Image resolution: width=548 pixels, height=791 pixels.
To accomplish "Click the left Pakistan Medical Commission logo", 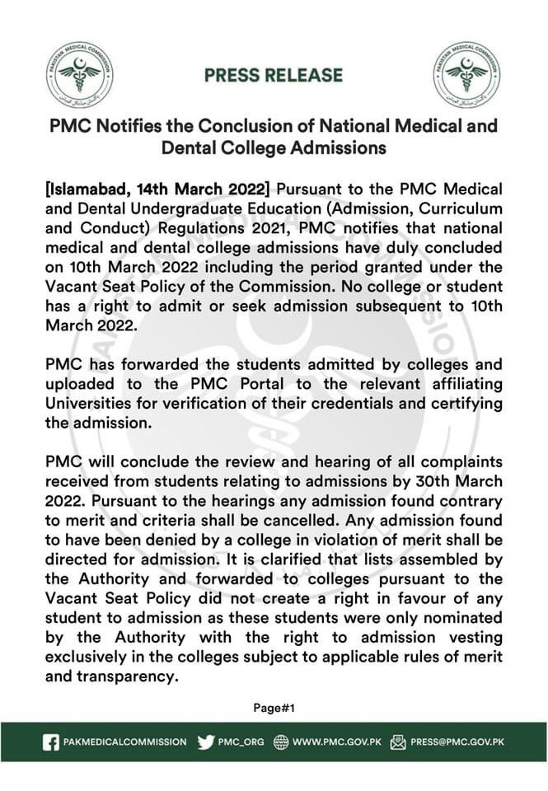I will click(80, 75).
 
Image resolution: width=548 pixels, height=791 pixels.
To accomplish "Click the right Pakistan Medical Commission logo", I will click(466, 75).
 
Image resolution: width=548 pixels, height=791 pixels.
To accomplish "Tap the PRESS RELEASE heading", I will click(274, 75).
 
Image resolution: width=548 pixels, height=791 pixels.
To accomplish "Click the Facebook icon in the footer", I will click(51, 742).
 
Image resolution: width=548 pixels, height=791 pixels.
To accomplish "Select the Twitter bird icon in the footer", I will click(206, 742).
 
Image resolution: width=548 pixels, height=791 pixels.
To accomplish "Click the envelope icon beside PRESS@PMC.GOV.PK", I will click(398, 742).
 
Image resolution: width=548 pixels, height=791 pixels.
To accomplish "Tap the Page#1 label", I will click(274, 707).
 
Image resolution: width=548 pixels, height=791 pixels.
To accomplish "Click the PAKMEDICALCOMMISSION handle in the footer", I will click(125, 742).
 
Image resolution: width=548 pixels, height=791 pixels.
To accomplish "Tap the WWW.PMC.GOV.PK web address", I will click(335, 742).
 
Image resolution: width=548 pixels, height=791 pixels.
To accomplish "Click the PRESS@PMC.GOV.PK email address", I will click(457, 742).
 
